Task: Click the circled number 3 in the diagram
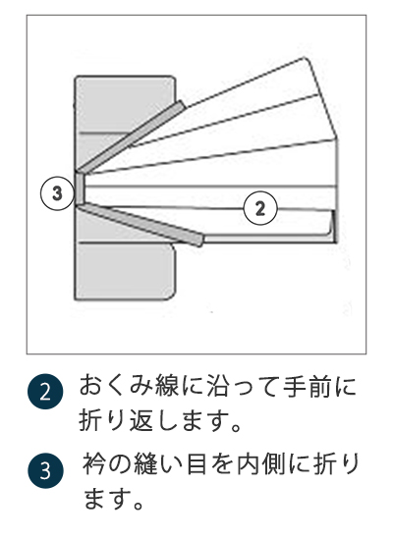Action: [58, 192]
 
